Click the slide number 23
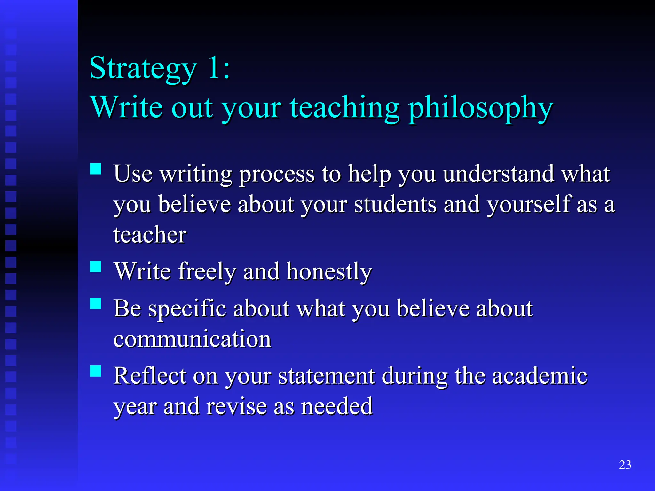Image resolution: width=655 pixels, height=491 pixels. [625, 464]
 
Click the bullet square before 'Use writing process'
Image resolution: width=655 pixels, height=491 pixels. [96, 169]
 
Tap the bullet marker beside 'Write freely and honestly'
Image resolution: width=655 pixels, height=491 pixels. [96, 267]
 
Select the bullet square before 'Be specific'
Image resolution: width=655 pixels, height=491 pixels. [96, 303]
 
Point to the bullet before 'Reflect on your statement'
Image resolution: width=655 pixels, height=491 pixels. [96, 371]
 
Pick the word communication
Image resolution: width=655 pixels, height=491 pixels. [192, 339]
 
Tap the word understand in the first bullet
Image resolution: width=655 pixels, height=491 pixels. [498, 174]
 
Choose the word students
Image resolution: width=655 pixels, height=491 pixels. [395, 205]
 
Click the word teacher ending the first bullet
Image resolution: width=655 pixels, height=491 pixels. [150, 235]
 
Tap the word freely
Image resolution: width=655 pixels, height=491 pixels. [207, 272]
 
